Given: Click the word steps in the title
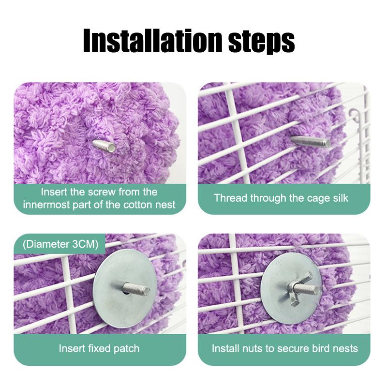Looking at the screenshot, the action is (x=262, y=42).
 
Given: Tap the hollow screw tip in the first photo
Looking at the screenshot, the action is (x=104, y=146).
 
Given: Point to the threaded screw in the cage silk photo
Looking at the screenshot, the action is (x=311, y=141).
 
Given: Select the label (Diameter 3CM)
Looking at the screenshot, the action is (x=60, y=244).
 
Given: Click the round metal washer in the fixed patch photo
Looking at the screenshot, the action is (x=125, y=288).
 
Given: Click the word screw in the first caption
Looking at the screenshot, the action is (x=102, y=192).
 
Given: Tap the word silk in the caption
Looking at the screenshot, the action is (x=341, y=198).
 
